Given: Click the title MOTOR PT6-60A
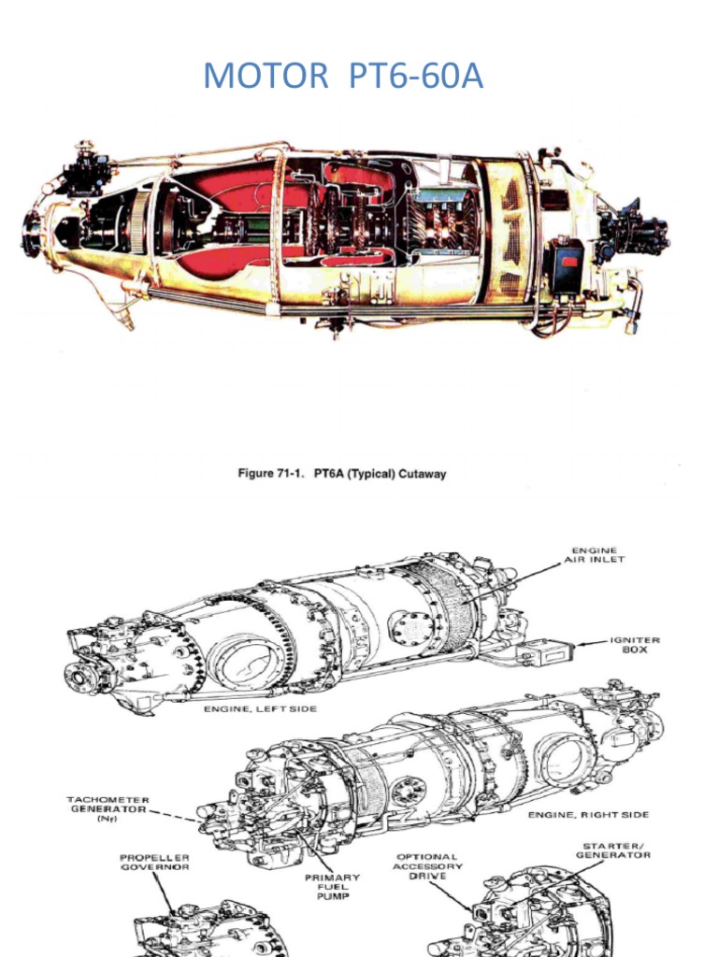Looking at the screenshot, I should tap(343, 77).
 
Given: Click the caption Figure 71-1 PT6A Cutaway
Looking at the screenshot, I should tap(341, 474).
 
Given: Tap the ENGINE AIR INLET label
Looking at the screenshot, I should tap(594, 555).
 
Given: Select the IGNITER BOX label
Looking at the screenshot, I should tap(635, 645).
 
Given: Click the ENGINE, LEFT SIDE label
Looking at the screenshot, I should tap(260, 709).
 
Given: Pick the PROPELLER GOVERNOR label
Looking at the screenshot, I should tap(156, 862).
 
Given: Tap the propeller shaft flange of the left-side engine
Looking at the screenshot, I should tap(76, 671).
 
